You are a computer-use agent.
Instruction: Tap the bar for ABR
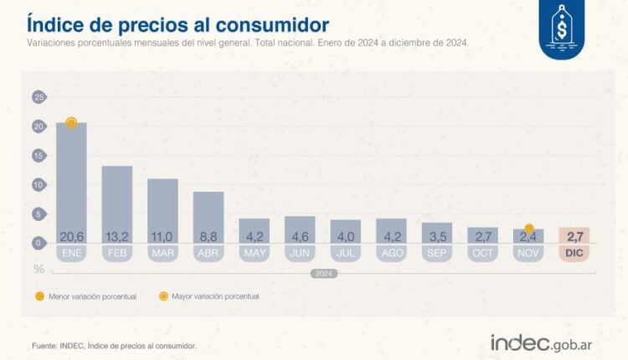click(208, 217)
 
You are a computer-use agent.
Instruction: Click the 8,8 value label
click(208, 237)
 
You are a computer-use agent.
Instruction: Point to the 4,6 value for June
click(300, 237)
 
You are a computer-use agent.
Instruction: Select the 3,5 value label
click(436, 237)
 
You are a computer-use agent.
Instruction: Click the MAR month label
click(162, 252)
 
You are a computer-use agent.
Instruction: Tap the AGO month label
click(391, 252)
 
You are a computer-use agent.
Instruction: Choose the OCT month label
click(482, 252)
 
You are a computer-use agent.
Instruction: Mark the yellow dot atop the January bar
click(71, 123)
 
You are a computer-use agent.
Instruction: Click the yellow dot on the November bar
click(528, 229)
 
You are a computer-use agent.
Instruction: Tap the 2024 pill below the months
click(323, 274)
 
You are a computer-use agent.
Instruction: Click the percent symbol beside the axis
click(39, 268)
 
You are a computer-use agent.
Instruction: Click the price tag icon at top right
click(563, 31)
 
